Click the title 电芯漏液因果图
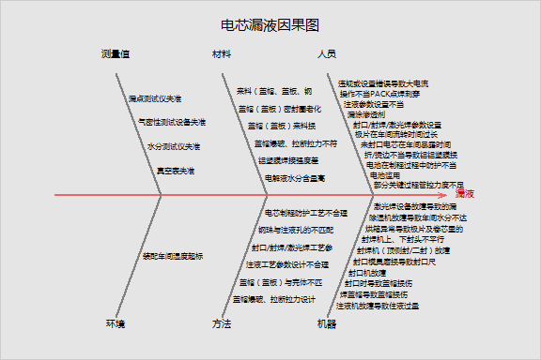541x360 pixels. (x=270, y=25)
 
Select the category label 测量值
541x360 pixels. (x=115, y=53)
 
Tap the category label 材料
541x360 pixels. (x=222, y=53)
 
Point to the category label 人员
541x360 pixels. (x=327, y=53)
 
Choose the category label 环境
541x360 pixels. (x=115, y=323)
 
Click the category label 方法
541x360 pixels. (x=222, y=323)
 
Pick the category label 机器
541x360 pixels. (x=327, y=323)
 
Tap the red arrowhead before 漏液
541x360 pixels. (x=448, y=194)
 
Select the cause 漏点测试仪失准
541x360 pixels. (x=156, y=97)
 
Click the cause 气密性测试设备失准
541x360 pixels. (x=171, y=122)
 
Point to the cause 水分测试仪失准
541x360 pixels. (x=174, y=146)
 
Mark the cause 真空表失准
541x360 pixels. (x=176, y=171)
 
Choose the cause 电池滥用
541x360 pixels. (x=385, y=175)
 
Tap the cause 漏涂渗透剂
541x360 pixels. (x=366, y=114)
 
